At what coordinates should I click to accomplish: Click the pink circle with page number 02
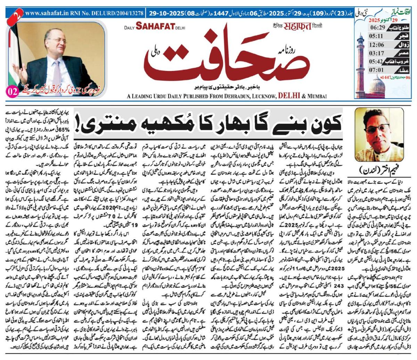pos(11,92)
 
